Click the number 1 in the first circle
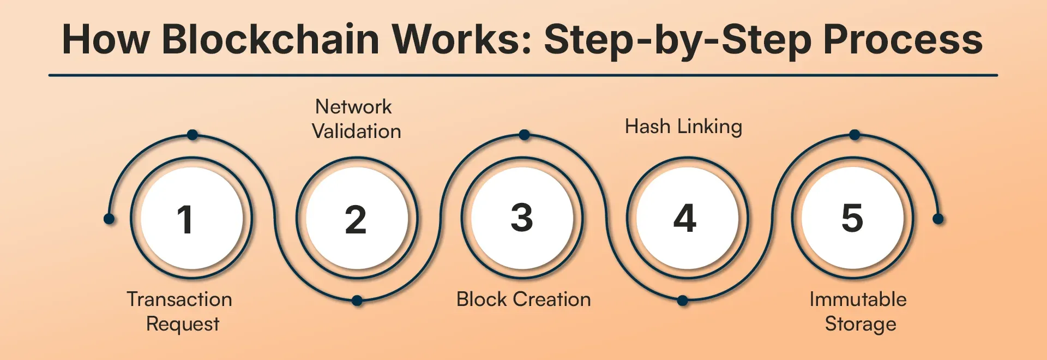[185, 219]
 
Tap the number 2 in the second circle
[356, 219]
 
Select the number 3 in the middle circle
[522, 217]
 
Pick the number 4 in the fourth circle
[685, 218]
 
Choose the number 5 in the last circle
[852, 217]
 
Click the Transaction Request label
[180, 311]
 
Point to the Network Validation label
[356, 119]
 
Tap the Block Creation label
[523, 299]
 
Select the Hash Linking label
[683, 127]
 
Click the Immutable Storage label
[859, 311]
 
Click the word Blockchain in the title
[270, 39]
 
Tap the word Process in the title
[902, 39]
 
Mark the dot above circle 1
[192, 135]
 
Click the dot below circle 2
[357, 301]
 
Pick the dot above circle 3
[524, 135]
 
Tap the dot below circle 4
[682, 301]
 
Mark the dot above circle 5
[855, 135]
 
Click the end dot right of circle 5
[938, 219]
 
